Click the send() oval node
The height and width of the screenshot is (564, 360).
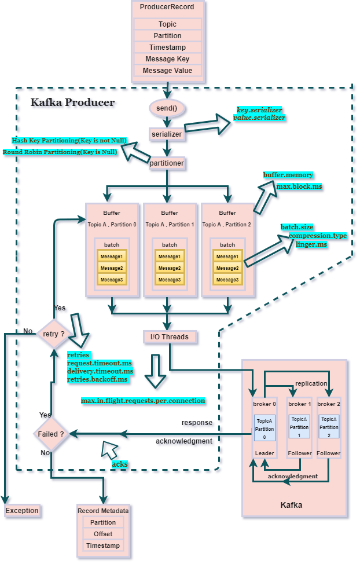[x=167, y=108]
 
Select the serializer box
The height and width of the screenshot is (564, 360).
[x=167, y=134]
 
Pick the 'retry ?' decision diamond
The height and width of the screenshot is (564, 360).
[x=54, y=334]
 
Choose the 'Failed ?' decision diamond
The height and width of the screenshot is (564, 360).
[x=51, y=434]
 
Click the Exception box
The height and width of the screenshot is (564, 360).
[x=22, y=511]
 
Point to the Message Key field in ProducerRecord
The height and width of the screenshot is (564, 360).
[x=167, y=59]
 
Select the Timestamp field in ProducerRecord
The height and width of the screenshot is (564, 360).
[x=167, y=47]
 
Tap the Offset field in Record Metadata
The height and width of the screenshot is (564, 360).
[x=103, y=534]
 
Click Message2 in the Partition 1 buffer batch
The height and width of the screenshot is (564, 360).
[x=170, y=268]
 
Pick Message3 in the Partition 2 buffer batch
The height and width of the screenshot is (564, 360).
[x=227, y=280]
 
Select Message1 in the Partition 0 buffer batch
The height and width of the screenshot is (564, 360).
[x=112, y=257]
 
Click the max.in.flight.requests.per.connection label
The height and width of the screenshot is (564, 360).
[x=143, y=401]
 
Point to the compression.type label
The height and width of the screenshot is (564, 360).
[x=317, y=236]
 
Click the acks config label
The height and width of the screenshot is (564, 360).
[x=119, y=464]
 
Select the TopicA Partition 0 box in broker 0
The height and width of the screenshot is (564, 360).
[x=264, y=427]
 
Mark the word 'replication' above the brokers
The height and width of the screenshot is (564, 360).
[x=311, y=383]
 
